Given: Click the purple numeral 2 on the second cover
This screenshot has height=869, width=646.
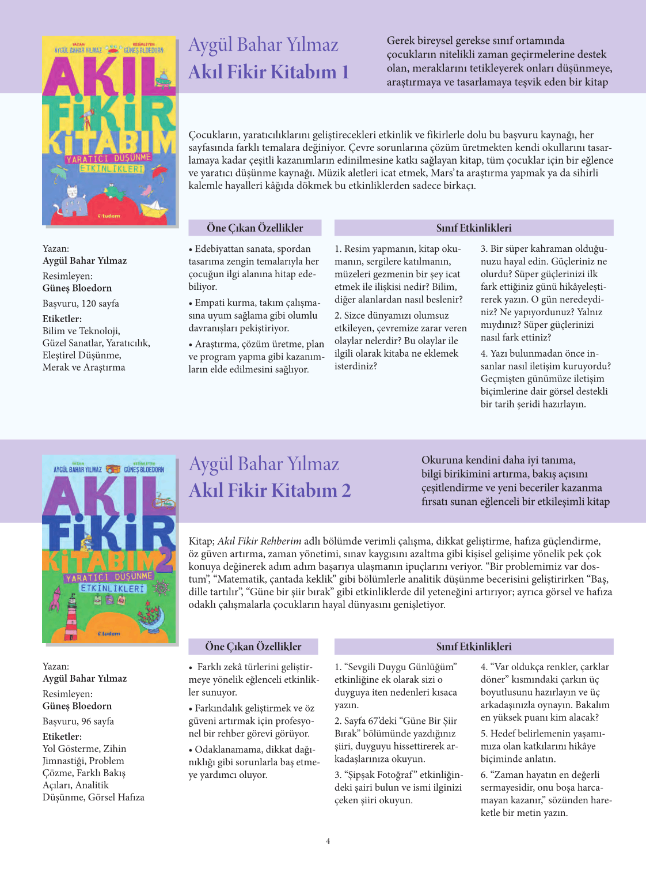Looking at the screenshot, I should [x=165, y=556].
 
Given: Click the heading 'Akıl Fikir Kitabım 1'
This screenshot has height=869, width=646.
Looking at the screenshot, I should [x=268, y=72].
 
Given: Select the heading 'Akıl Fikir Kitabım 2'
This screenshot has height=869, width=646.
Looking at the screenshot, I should [x=269, y=490].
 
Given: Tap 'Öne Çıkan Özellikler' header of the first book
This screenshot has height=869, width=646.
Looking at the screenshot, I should [x=254, y=228].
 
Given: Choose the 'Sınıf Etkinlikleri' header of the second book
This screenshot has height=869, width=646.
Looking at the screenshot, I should [x=473, y=647].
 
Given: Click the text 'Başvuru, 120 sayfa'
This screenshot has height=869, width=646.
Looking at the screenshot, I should [x=81, y=304].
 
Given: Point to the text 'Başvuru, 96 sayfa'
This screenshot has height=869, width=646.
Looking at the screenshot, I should [x=78, y=721].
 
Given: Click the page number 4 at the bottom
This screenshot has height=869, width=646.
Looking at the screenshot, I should [x=328, y=841].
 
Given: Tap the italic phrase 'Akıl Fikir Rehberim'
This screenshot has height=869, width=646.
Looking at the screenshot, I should [x=259, y=541].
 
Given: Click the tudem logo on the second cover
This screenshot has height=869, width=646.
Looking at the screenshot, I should [x=109, y=634].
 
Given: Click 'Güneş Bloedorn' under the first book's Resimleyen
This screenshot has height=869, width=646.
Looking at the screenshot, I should [x=77, y=288].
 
